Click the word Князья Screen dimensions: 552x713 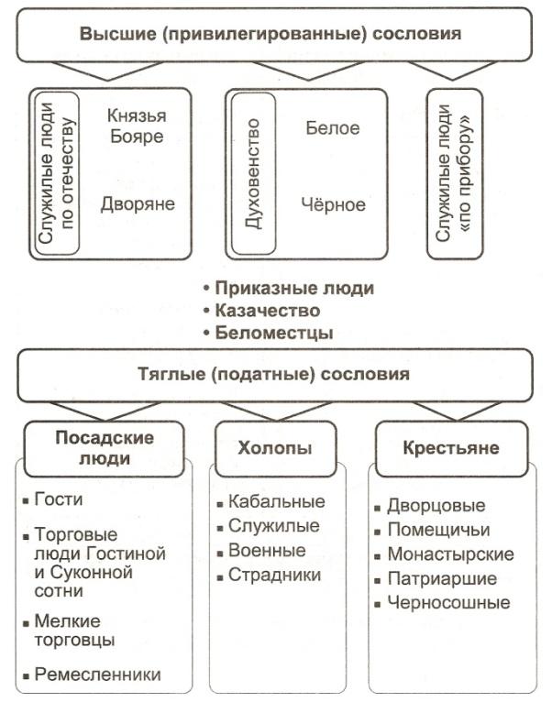(137, 116)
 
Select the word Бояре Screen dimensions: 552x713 (137, 137)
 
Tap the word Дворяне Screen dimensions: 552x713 (138, 204)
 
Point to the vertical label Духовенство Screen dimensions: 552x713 (252, 173)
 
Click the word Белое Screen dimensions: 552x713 (333, 128)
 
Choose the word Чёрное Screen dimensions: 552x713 (334, 204)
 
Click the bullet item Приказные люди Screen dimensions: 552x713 (289, 289)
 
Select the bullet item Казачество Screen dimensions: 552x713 (261, 311)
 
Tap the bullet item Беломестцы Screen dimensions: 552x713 (268, 333)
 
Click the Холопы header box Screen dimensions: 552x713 (275, 448)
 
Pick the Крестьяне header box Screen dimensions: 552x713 (451, 448)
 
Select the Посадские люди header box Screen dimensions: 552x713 (105, 448)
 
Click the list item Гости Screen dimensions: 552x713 (53, 499)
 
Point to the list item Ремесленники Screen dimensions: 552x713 (92, 675)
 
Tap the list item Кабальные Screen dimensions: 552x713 (271, 501)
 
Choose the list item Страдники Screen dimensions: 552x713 (269, 575)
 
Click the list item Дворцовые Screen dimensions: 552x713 (430, 506)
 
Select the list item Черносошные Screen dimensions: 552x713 (442, 603)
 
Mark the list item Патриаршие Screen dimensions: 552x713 (436, 579)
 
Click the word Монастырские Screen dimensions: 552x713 (451, 554)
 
